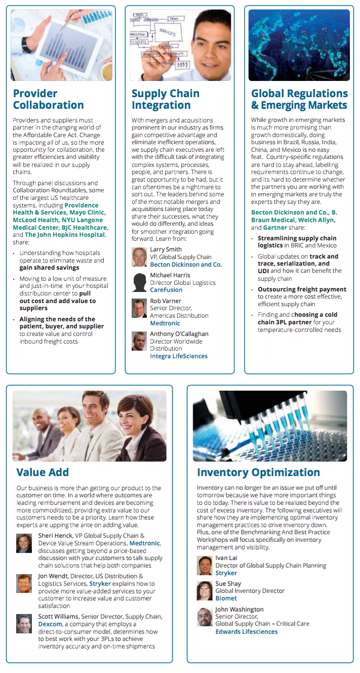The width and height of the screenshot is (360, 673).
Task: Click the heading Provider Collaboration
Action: pyautogui.click(x=48, y=99)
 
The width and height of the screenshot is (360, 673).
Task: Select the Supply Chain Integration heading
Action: pyautogui.click(x=166, y=99)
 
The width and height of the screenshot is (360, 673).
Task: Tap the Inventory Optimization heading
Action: pyautogui.click(x=258, y=472)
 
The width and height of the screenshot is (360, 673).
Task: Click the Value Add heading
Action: pyautogui.click(x=43, y=472)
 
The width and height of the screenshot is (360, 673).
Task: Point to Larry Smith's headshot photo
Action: pyautogui.click(x=139, y=257)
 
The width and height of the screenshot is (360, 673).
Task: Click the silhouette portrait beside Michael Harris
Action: pyautogui.click(x=139, y=282)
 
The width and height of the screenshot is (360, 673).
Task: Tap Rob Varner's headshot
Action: pyautogui.click(x=139, y=308)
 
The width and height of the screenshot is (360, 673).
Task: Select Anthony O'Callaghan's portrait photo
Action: pyautogui.click(x=139, y=341)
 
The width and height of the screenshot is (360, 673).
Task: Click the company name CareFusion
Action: pyautogui.click(x=166, y=290)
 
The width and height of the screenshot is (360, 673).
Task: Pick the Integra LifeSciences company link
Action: pyautogui.click(x=179, y=356)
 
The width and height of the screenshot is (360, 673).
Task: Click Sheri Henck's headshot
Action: pyautogui.click(x=24, y=543)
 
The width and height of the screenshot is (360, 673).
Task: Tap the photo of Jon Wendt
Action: pyautogui.click(x=24, y=583)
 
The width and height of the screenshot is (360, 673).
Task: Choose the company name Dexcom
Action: pyautogui.click(x=50, y=624)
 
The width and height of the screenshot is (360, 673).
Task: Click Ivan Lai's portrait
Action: pyautogui.click(x=205, y=565)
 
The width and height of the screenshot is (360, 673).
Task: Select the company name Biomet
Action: pyautogui.click(x=226, y=598)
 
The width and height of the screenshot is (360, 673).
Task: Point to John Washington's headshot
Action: pyautogui.click(x=205, y=617)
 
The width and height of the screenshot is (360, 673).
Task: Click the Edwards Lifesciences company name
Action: pyautogui.click(x=246, y=632)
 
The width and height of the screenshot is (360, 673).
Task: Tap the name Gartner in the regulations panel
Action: pyautogui.click(x=275, y=228)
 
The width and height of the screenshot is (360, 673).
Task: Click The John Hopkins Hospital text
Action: pyautogui.click(x=65, y=235)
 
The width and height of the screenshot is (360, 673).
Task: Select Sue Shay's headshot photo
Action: pyautogui.click(x=205, y=591)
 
